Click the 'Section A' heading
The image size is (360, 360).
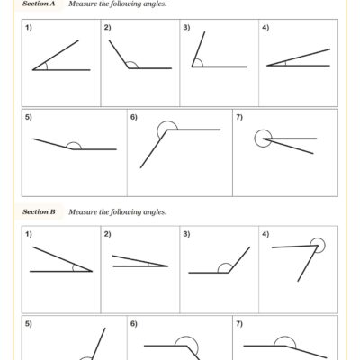pyautogui.click(x=39, y=4)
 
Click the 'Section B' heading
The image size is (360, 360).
pyautogui.click(x=39, y=212)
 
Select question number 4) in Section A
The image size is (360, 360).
pyautogui.click(x=265, y=29)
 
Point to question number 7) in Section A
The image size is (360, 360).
pyautogui.click(x=238, y=118)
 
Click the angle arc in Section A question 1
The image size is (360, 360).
pyautogui.click(x=45, y=65)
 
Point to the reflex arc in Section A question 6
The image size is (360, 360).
pyautogui.click(x=166, y=130)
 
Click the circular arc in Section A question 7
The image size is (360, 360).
pyautogui.click(x=261, y=138)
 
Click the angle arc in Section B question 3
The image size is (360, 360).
pyautogui.click(x=222, y=267)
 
